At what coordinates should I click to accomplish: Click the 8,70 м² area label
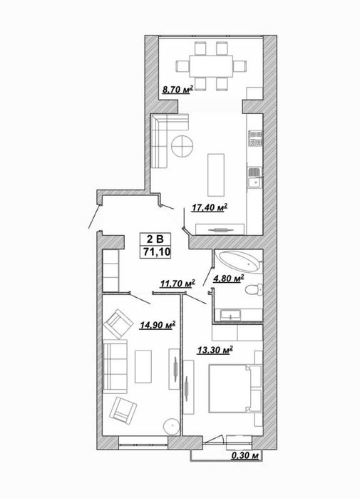pyautogui.click(x=178, y=90)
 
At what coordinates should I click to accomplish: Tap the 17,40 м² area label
pyautogui.click(x=210, y=208)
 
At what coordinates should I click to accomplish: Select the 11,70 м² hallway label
pyautogui.click(x=178, y=284)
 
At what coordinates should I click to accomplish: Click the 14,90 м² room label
pyautogui.click(x=158, y=325)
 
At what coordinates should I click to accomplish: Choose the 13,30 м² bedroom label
pyautogui.click(x=215, y=350)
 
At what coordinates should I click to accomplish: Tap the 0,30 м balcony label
pyautogui.click(x=245, y=456)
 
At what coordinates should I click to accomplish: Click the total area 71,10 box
pyautogui.click(x=156, y=252)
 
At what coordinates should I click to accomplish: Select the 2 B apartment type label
pyautogui.click(x=155, y=239)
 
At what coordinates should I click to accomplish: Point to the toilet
pyautogui.click(x=254, y=289)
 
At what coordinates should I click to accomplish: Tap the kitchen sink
pyautogui.click(x=254, y=182)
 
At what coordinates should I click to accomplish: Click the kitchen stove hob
pyautogui.click(x=255, y=139)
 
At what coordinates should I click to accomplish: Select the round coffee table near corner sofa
pyautogui.click(x=182, y=146)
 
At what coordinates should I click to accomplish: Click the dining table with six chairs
pyautogui.click(x=211, y=66)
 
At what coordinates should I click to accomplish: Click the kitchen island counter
pyautogui.click(x=216, y=175)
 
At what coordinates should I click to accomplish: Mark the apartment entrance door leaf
pyautogui.click(x=94, y=217)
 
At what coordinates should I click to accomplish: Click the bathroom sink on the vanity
pyautogui.click(x=230, y=316)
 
